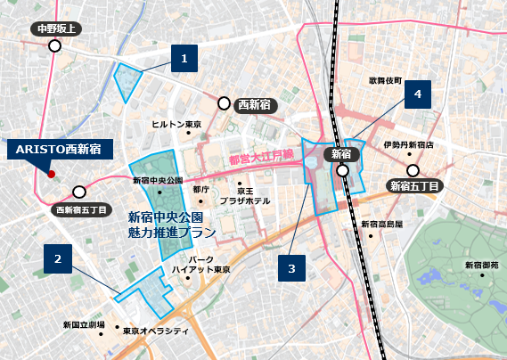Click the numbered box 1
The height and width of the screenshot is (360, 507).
coord(184,60)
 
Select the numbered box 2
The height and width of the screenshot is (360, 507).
coord(58,259)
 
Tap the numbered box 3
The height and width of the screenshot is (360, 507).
coord(291,266)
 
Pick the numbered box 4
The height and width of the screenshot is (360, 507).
coord(418,94)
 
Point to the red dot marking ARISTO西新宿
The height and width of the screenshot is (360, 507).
coord(52,173)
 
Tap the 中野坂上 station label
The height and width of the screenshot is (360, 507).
coord(56,29)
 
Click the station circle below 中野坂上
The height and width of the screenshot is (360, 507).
coord(55,45)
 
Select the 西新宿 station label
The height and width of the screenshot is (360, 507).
coord(258,104)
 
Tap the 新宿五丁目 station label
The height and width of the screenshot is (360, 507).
coord(418,186)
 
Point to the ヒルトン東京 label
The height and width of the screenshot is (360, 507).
coord(176,124)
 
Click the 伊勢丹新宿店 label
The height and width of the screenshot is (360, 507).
coord(408,144)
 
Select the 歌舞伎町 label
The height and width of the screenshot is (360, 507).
coord(385,80)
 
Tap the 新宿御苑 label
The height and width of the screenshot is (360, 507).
coord(482,266)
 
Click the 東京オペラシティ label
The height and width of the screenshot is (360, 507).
coord(156,331)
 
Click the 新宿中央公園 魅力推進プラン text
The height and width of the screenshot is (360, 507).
coord(172,224)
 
